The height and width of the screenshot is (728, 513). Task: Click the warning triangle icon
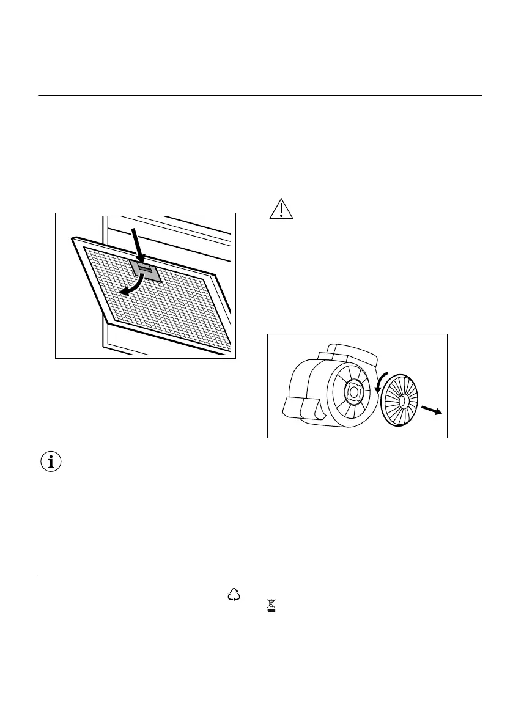(281, 209)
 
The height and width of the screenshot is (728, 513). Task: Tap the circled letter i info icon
(51, 462)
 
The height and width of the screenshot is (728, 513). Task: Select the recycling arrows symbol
(234, 594)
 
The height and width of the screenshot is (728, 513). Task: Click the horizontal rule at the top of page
(260, 96)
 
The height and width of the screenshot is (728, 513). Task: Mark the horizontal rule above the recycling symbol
(260, 575)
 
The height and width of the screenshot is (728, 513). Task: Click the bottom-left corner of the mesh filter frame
(108, 322)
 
